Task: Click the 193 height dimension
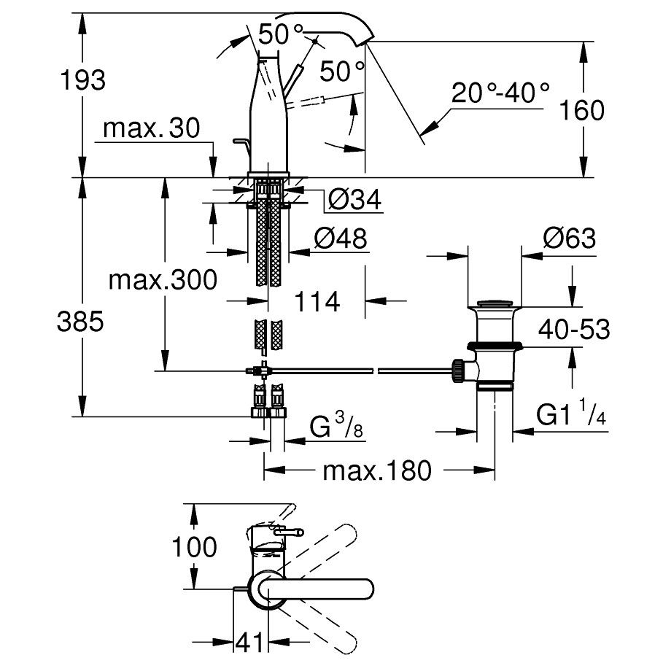pyautogui.click(x=83, y=80)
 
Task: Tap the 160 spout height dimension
pyautogui.click(x=582, y=110)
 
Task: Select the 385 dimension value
pyautogui.click(x=80, y=321)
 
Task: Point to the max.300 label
pyautogui.click(x=163, y=280)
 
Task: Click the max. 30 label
pyautogui.click(x=152, y=128)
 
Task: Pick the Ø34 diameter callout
pyautogui.click(x=354, y=199)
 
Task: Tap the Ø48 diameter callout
pyautogui.click(x=341, y=239)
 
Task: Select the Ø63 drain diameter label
pyautogui.click(x=570, y=238)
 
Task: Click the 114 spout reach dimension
pyautogui.click(x=317, y=301)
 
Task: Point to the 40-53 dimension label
pyautogui.click(x=574, y=329)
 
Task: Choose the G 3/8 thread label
pyautogui.click(x=336, y=425)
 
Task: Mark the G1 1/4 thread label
pyautogui.click(x=571, y=412)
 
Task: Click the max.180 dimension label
pyautogui.click(x=377, y=470)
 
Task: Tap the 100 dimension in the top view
pyautogui.click(x=194, y=547)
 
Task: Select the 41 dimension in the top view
pyautogui.click(x=249, y=643)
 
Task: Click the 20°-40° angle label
pyautogui.click(x=500, y=93)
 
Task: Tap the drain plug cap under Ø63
pyautogui.click(x=495, y=303)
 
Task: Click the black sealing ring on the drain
pyautogui.click(x=495, y=346)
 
